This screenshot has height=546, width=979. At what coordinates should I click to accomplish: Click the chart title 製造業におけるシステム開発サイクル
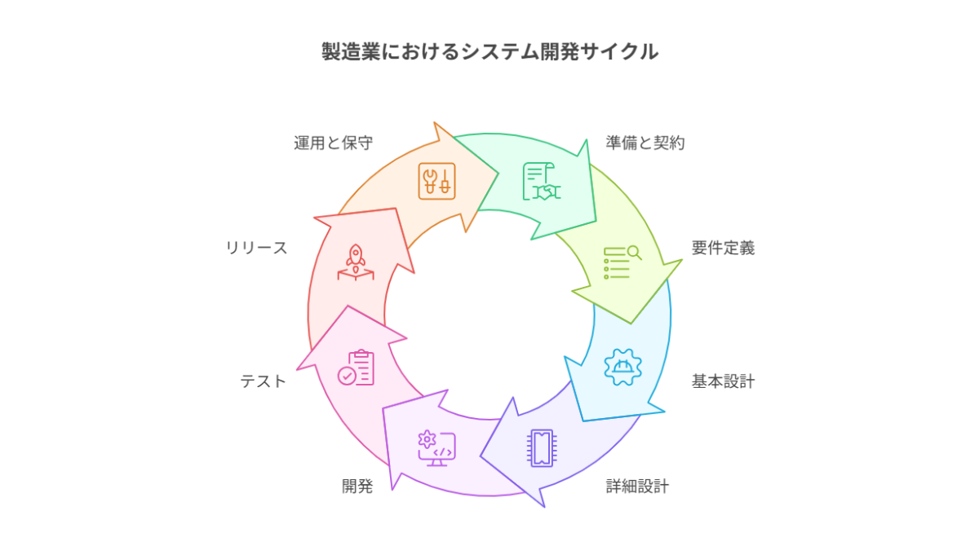(489, 52)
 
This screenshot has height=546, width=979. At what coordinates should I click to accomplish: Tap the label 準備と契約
(645, 143)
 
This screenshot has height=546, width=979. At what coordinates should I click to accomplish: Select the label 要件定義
(723, 248)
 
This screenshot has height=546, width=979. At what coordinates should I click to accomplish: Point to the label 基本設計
(723, 381)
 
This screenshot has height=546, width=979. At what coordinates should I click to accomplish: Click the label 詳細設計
(637, 487)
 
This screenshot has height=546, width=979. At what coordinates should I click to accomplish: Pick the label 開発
(357, 487)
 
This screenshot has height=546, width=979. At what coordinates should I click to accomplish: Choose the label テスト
(264, 381)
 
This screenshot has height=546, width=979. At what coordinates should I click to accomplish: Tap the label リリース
(257, 248)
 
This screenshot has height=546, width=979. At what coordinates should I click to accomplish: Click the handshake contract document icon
(539, 182)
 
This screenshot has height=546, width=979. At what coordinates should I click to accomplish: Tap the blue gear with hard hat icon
(622, 367)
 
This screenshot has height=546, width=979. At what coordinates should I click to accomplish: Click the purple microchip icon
(541, 447)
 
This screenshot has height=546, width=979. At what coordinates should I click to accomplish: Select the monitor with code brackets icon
(437, 449)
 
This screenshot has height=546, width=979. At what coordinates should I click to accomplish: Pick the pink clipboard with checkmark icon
(357, 368)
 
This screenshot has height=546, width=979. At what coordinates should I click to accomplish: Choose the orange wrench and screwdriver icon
(437, 181)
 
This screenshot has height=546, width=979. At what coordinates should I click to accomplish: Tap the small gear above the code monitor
(425, 438)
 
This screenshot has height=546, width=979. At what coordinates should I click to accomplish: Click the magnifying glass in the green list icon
(634, 253)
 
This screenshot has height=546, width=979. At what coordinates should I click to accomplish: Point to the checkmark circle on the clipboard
(348, 375)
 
